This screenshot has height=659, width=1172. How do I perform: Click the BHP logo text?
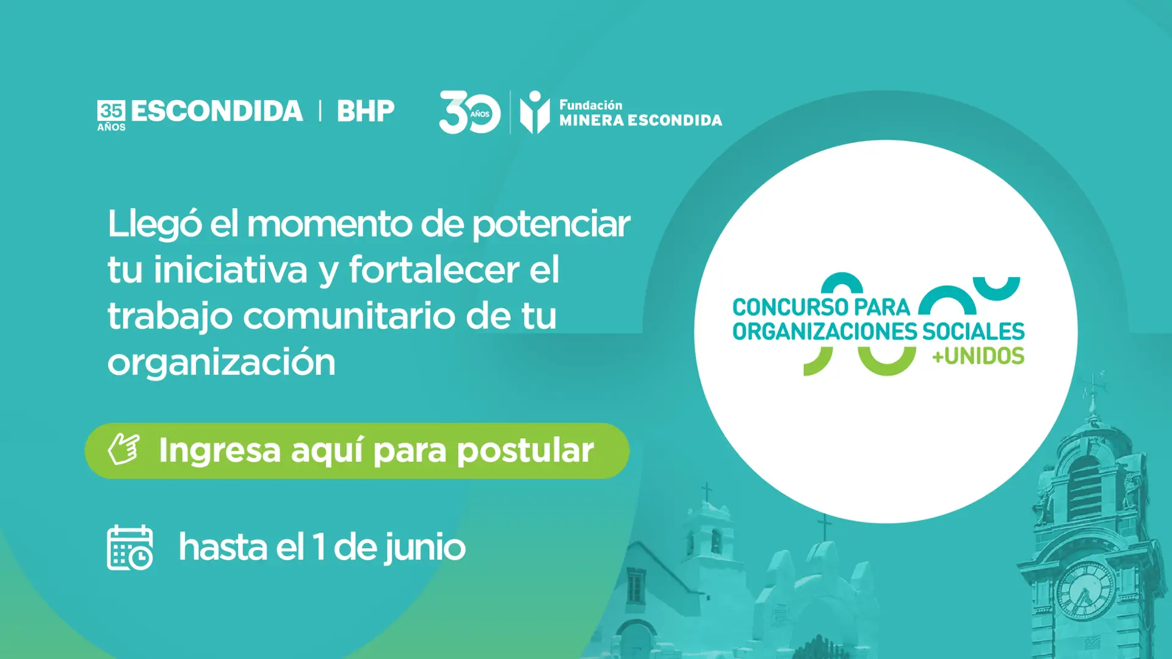pos(366,111)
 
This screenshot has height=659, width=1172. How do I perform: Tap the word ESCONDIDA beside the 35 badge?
pos(217,111)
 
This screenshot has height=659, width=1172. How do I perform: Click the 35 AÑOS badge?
pos(111,116)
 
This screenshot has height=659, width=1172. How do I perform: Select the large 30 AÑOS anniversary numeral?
pos(469,112)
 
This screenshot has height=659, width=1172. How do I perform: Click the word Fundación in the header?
pos(590,105)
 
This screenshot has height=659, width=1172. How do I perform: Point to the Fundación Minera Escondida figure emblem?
pos(535,112)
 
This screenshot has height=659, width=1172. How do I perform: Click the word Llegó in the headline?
pos(154,225)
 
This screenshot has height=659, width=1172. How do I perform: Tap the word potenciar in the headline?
pos(551,225)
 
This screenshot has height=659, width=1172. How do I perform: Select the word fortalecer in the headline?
pos(434,270)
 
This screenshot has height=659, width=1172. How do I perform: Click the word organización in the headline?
pos(222,362)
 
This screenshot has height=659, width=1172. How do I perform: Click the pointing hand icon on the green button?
pos(124,449)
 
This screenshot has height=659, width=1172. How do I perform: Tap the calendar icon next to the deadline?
pos(130,547)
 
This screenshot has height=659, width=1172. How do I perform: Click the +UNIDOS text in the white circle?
pos(978,356)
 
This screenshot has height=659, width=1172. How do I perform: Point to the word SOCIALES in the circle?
pos(973,331)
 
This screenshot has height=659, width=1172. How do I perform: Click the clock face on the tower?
pos(1085,589)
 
